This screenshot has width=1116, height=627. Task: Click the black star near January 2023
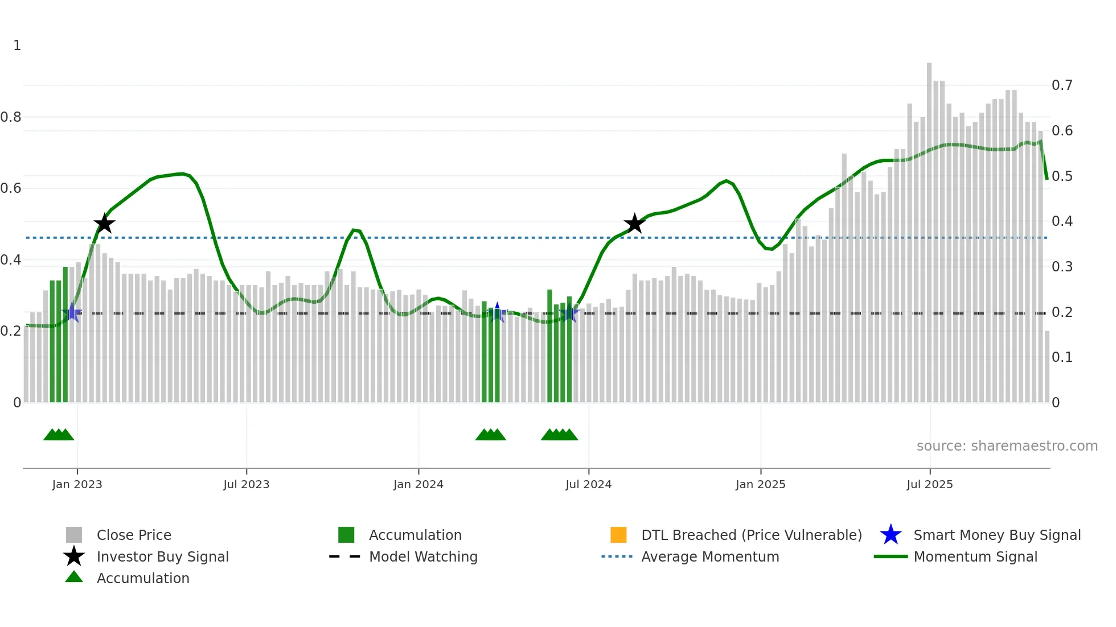(x=104, y=224)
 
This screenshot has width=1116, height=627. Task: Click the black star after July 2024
(x=634, y=224)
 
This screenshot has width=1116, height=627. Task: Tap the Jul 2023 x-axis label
(x=246, y=484)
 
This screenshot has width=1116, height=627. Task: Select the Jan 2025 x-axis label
(x=760, y=484)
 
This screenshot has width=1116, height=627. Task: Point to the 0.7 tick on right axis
(x=1062, y=85)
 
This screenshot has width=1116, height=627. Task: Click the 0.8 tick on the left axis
(x=11, y=117)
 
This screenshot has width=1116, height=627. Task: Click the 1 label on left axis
(x=17, y=46)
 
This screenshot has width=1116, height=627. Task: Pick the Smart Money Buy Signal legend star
(x=891, y=535)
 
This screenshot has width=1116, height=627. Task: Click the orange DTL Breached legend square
(x=618, y=535)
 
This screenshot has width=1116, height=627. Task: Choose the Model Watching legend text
(x=423, y=556)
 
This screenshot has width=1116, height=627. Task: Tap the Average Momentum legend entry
(x=709, y=556)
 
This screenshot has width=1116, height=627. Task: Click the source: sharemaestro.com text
(x=1007, y=445)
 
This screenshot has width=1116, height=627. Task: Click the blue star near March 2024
(x=497, y=312)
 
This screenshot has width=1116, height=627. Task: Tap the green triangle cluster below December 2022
(x=59, y=435)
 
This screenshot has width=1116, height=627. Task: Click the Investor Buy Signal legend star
(x=74, y=556)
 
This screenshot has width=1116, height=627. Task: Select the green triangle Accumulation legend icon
(x=74, y=577)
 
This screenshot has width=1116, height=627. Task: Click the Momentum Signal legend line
(x=891, y=556)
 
